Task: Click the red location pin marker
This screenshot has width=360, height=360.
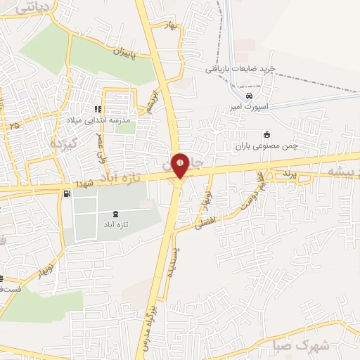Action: pos(181,165)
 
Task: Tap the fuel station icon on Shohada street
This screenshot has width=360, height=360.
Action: pos(67,193)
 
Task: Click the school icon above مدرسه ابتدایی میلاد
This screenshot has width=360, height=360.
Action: pos(98,110)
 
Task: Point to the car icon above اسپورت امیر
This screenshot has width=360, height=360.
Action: pos(247,96)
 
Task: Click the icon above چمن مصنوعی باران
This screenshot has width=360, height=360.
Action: pos(266,134)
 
